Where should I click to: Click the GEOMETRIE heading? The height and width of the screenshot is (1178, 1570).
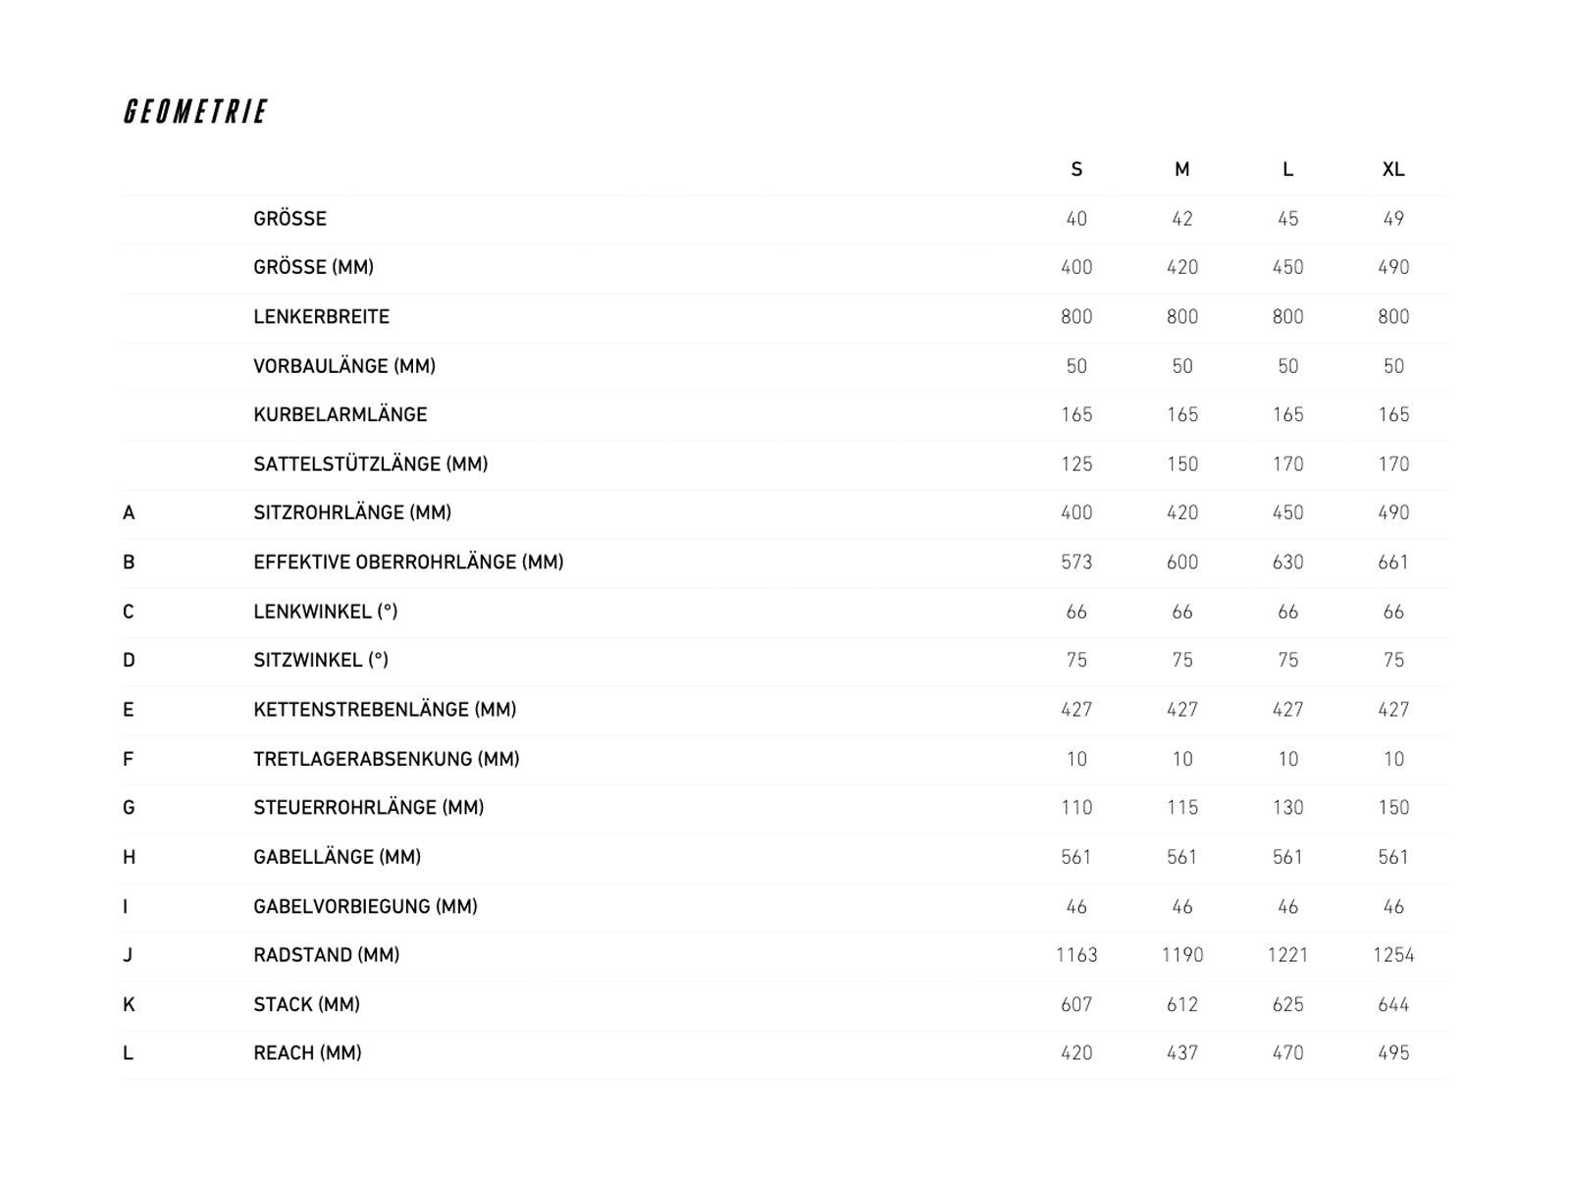pos(195,112)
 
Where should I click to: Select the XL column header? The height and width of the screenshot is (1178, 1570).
pos(1393,170)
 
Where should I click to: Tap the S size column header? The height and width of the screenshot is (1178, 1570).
pos(1076,170)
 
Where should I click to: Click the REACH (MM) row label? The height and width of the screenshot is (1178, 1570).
pos(307,1053)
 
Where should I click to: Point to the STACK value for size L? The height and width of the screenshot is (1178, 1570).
pos(1287,1004)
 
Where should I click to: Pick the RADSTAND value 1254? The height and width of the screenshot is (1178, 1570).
pos(1393,955)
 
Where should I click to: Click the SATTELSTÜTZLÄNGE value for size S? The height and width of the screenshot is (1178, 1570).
pos(1076,464)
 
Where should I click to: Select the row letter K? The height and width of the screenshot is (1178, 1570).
pos(129,1004)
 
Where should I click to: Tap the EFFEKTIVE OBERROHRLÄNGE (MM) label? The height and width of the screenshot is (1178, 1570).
pos(408,562)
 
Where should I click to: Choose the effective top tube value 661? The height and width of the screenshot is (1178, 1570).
pos(1393,562)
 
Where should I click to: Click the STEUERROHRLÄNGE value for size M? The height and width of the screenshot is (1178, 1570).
pos(1182,808)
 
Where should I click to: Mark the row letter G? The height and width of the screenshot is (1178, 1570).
pos(129,808)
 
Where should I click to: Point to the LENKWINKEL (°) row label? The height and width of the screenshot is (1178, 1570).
pos(326,612)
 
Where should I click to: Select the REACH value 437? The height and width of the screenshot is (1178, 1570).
pos(1182,1053)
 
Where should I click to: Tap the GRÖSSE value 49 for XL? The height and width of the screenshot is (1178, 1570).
pos(1393,219)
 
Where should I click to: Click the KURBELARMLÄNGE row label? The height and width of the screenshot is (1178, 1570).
pos(340,415)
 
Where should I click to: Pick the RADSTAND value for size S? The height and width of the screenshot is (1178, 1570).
pos(1076,955)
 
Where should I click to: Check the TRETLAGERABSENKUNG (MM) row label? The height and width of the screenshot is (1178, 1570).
pos(387,759)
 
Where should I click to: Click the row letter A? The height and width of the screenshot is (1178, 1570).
pos(129,513)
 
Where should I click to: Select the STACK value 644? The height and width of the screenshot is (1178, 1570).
pos(1393,1004)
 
